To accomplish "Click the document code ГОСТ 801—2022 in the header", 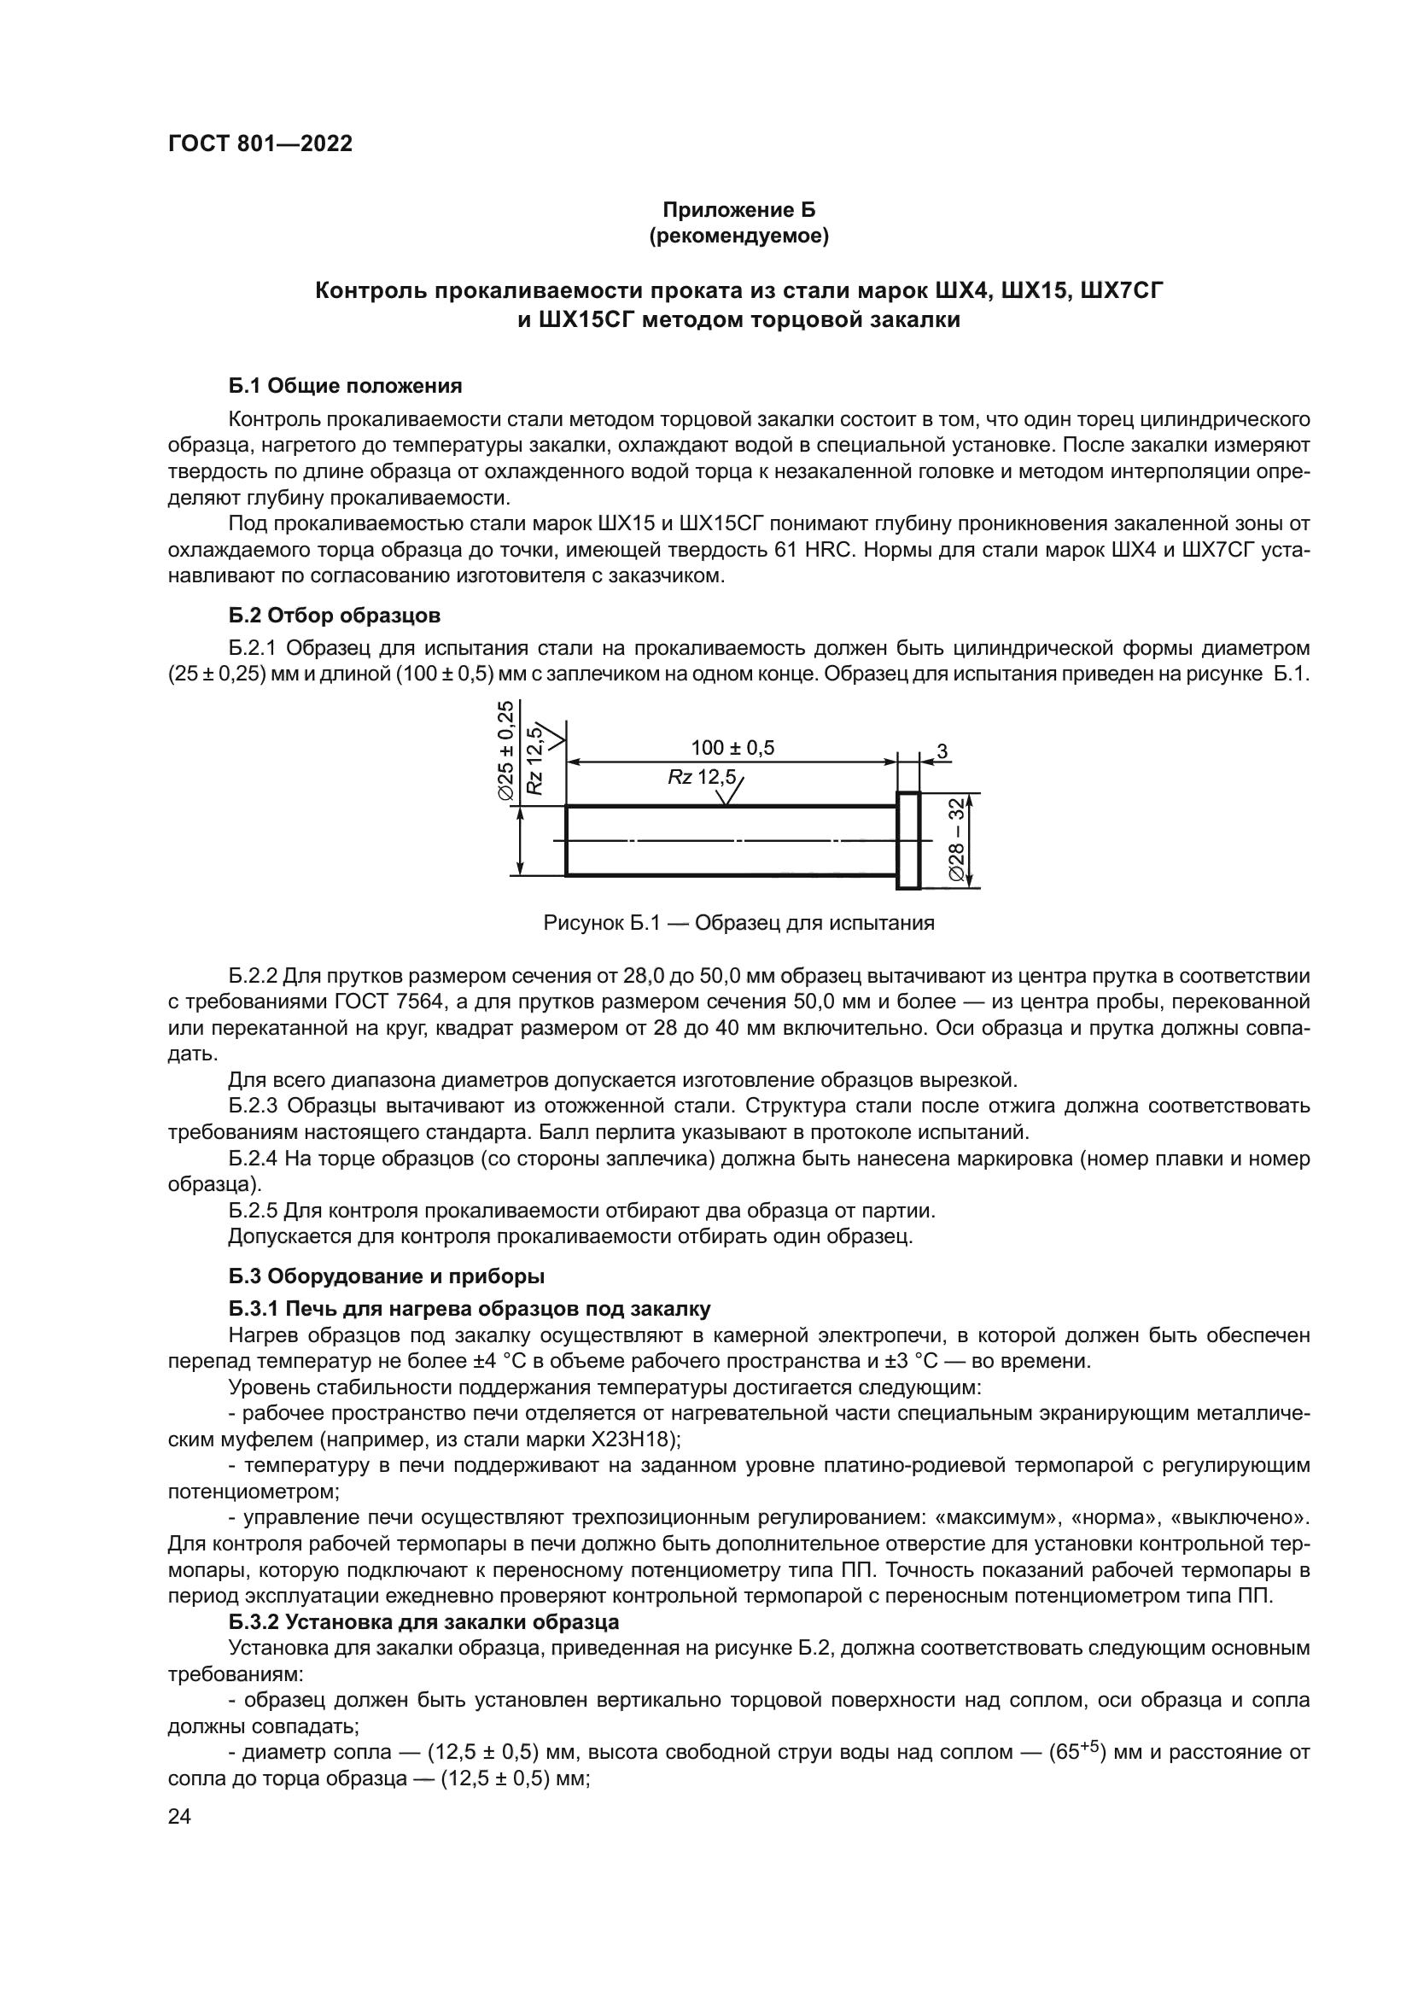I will (x=260, y=144).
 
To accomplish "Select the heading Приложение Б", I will (x=739, y=210).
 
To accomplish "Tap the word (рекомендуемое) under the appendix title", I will (x=739, y=236).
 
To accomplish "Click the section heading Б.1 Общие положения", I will (x=345, y=386).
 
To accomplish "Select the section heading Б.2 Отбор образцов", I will (x=335, y=616).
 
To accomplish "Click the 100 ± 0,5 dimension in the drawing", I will (x=732, y=748).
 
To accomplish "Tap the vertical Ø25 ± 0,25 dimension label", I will (x=505, y=751).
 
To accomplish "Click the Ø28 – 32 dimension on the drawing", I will (x=957, y=839).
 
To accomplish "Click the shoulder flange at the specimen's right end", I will (x=907, y=840).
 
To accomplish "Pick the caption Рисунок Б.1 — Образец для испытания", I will (x=739, y=923).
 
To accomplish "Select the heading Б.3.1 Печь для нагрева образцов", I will (x=470, y=1309).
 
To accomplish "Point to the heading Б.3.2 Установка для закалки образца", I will (x=424, y=1622).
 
